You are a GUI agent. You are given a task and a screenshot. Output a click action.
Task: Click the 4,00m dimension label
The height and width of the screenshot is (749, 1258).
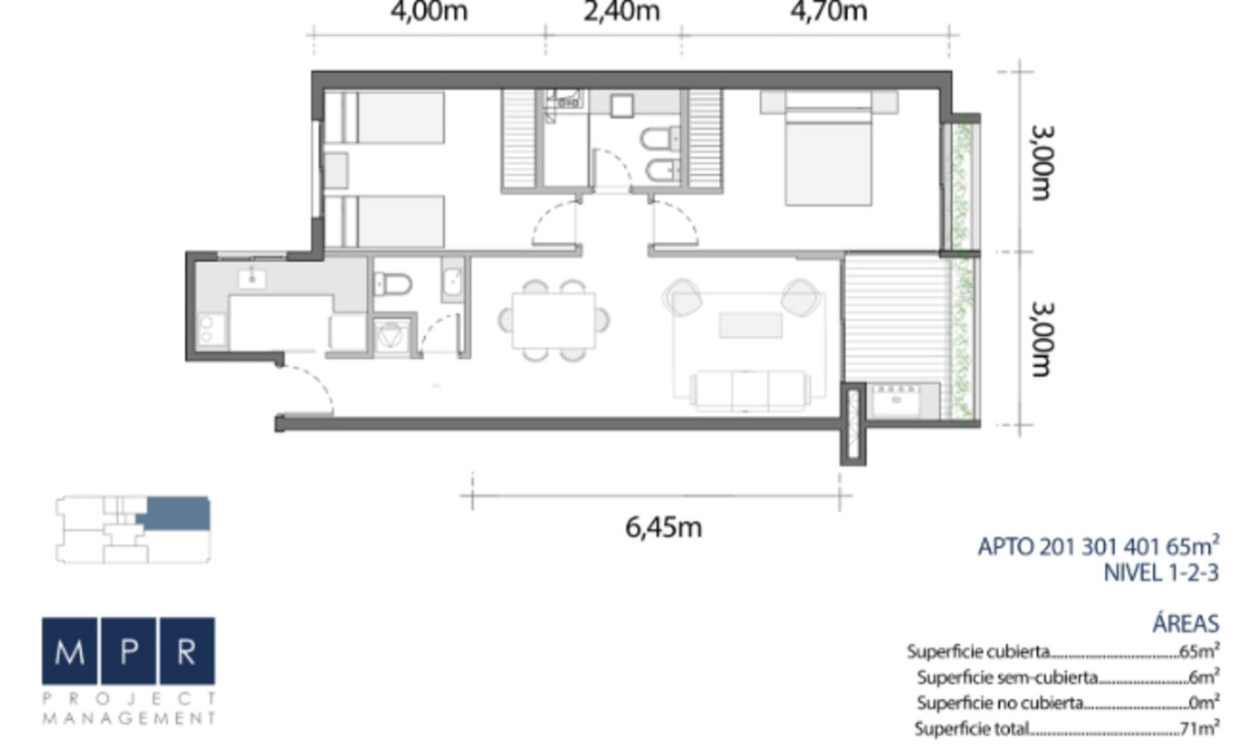(x=429, y=11)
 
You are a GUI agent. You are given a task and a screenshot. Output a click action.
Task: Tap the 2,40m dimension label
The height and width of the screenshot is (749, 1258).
(x=621, y=11)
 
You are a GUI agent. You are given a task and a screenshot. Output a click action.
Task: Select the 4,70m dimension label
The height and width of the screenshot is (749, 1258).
(x=829, y=11)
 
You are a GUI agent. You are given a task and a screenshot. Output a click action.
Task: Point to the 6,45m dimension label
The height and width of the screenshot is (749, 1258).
(x=664, y=528)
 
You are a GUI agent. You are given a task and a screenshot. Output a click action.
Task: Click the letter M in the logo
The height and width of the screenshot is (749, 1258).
(x=70, y=650)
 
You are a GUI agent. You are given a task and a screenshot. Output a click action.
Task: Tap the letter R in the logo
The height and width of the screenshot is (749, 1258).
(x=187, y=650)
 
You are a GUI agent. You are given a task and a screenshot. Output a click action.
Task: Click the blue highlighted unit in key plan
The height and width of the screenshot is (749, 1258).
(x=175, y=514)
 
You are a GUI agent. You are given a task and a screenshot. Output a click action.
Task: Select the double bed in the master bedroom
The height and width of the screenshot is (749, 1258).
(x=829, y=149)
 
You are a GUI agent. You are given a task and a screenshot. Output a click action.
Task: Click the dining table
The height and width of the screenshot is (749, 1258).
(x=553, y=320)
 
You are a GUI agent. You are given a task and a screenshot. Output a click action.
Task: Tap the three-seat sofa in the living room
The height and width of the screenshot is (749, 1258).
(x=750, y=390)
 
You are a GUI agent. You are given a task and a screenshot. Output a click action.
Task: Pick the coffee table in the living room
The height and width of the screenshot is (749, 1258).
(x=750, y=326)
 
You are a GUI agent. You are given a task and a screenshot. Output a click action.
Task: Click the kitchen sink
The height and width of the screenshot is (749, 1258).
(x=253, y=279)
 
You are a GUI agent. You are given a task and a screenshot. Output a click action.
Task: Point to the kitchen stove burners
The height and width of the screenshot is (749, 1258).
(x=211, y=329)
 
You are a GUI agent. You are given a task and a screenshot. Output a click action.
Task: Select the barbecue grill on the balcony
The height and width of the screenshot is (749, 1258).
(x=897, y=400)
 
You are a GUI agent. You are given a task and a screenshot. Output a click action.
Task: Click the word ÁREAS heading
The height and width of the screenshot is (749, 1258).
(x=1185, y=624)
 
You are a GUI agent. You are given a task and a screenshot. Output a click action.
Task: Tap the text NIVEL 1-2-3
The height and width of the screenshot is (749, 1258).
(x=1161, y=573)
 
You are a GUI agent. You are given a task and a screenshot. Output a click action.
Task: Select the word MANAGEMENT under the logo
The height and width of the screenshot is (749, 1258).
(x=129, y=719)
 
